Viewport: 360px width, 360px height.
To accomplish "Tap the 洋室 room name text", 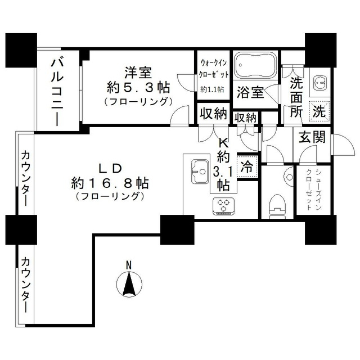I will tap(137, 73).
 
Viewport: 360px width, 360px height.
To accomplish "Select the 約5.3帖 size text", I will tap(137, 87).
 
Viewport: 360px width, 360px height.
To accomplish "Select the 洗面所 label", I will tap(296, 96).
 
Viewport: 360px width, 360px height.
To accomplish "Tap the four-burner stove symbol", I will tap(223, 206).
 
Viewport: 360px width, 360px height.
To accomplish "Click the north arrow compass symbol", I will tap(129, 283).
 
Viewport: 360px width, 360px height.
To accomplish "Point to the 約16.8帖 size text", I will tap(109, 183).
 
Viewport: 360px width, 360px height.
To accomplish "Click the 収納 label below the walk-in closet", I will tap(213, 114).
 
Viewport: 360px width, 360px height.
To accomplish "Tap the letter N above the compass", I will tap(129, 264).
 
